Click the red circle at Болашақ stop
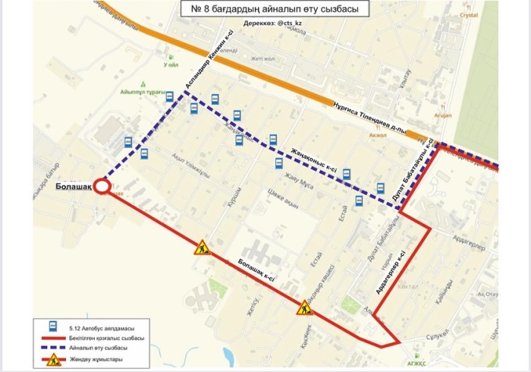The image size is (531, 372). [102, 187]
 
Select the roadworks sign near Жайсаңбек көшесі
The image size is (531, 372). [304, 307]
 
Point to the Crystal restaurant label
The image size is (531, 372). [469, 14]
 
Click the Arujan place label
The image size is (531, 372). [443, 115]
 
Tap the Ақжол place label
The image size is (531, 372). [377, 134]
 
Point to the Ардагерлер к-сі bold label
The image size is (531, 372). [391, 273]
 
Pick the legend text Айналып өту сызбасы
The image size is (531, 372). [95, 348]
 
